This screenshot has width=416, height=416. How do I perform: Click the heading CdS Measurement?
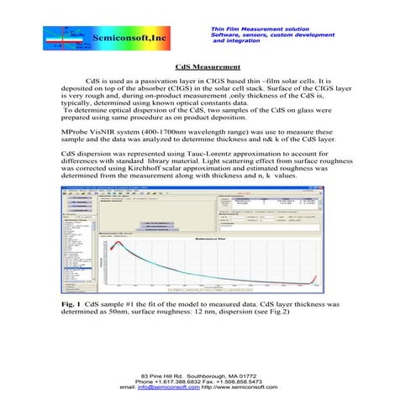[x=208, y=66]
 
